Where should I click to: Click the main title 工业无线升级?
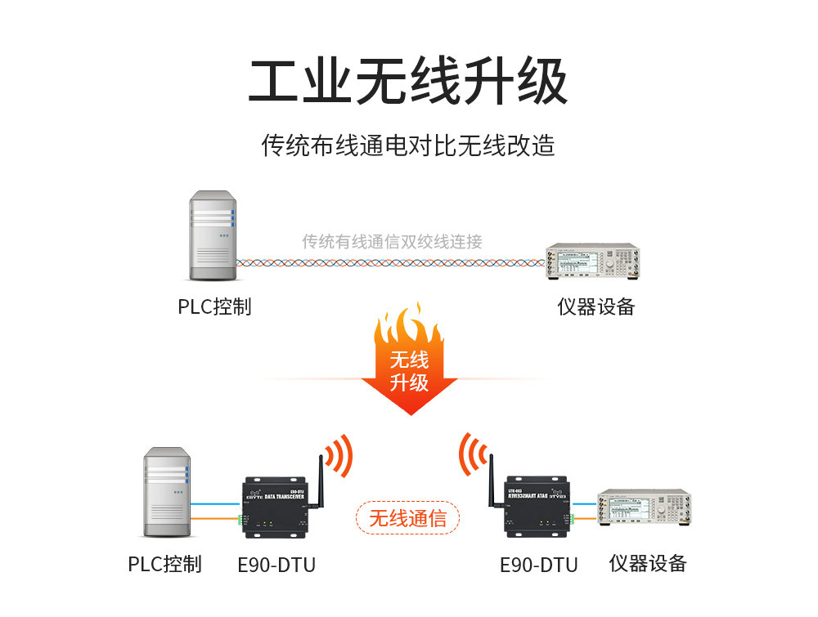(x=408, y=82)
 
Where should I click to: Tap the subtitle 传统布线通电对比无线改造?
(x=408, y=145)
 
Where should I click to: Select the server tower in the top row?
(x=212, y=237)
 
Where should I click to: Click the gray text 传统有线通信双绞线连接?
(x=392, y=241)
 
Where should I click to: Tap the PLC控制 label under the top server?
(x=214, y=306)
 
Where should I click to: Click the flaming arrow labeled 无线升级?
(x=409, y=360)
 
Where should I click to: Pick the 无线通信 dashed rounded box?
(x=407, y=518)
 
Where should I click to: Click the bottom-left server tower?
(x=167, y=494)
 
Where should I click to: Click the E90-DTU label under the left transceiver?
(x=276, y=565)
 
